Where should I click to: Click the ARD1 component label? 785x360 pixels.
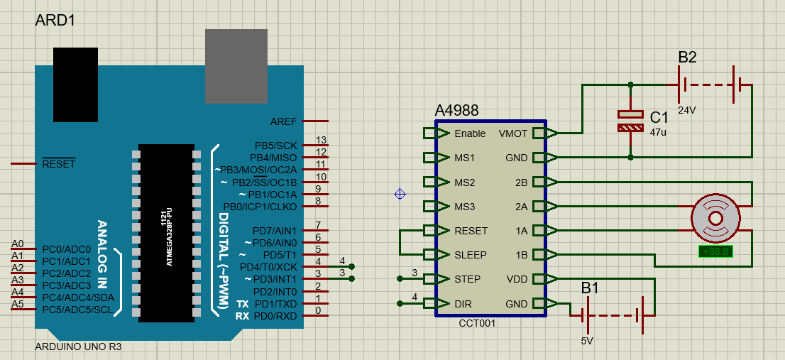[55, 21]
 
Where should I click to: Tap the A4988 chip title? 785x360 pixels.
[456, 111]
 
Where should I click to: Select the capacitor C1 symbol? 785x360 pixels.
[630, 121]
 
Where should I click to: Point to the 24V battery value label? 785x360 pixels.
[687, 111]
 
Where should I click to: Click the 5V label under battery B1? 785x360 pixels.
[587, 341]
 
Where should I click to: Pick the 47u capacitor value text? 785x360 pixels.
[657, 132]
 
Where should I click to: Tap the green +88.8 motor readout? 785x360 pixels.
[715, 251]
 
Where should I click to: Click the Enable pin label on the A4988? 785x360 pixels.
[470, 133]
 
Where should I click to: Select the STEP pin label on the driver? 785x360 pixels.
[467, 279]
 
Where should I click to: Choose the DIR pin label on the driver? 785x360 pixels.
[463, 304]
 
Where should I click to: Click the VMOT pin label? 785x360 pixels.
[512, 133]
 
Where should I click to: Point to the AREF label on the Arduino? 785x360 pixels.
[284, 121]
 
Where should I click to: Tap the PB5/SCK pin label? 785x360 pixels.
[277, 146]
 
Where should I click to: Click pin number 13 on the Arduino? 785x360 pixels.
[321, 140]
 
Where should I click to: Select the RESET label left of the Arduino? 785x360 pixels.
[58, 164]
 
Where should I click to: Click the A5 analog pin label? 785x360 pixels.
[18, 304]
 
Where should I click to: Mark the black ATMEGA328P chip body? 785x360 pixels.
[166, 233]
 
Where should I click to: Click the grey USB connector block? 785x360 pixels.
[236, 66]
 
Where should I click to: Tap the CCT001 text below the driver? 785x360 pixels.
[477, 323]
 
